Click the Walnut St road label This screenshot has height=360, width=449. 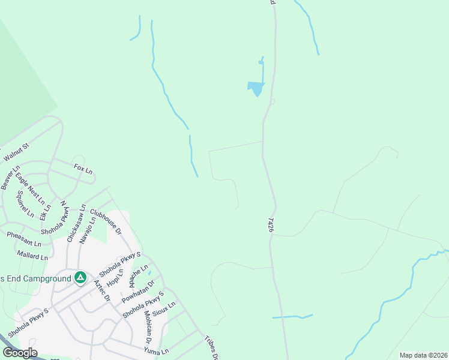point(17,152)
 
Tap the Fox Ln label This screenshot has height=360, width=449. point(83,169)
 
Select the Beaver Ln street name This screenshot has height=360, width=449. point(10,178)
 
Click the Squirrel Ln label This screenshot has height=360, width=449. point(25,204)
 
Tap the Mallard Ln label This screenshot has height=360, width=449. point(32,257)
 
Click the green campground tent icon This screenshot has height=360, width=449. point(80,278)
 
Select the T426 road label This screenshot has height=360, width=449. point(271,226)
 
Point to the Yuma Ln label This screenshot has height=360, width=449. point(157,350)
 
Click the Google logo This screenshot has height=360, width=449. point(20,353)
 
